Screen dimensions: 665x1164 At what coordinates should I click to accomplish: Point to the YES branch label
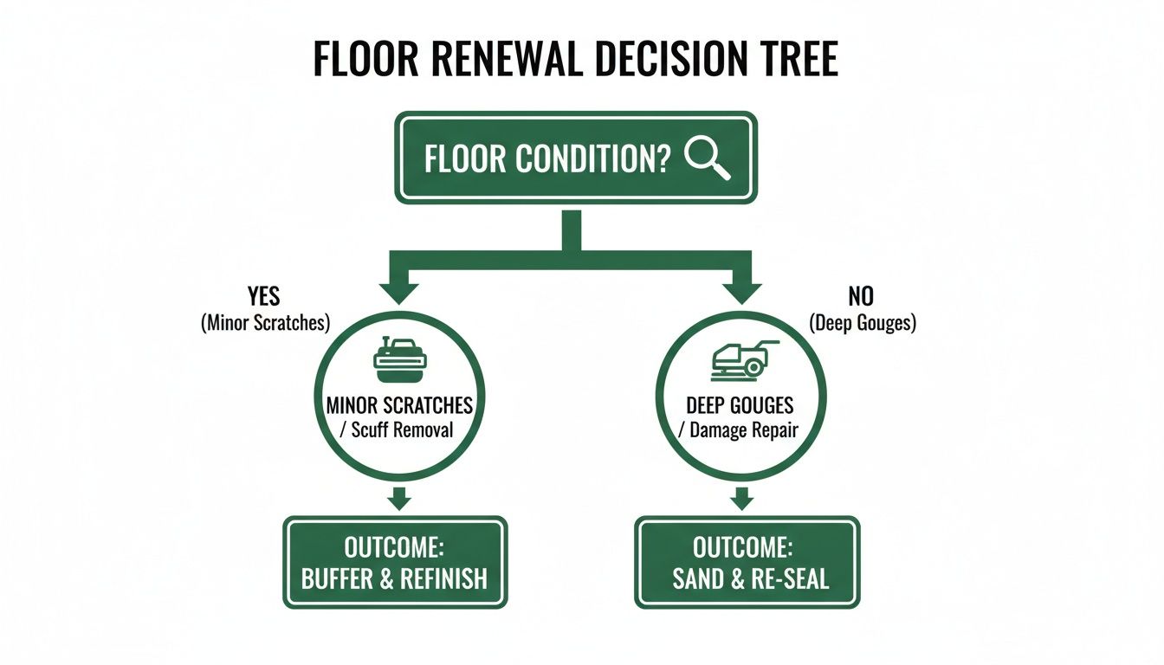coord(263,296)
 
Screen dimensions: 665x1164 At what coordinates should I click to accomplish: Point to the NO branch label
coord(861,296)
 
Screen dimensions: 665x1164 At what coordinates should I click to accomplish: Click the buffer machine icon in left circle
coord(399,362)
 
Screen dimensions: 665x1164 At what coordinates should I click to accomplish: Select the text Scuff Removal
coord(402,429)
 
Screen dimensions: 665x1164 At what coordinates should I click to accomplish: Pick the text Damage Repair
coord(743,429)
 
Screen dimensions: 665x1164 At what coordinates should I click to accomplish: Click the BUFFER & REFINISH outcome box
coord(395,562)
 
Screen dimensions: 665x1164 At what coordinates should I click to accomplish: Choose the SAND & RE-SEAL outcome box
coord(747,562)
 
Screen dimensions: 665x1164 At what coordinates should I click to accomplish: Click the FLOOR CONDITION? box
coord(576,158)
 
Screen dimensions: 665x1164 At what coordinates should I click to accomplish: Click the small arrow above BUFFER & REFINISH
coord(399,500)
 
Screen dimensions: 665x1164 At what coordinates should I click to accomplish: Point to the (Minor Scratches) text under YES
coord(265,324)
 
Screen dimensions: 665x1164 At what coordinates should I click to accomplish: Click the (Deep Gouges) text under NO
coord(863,324)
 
